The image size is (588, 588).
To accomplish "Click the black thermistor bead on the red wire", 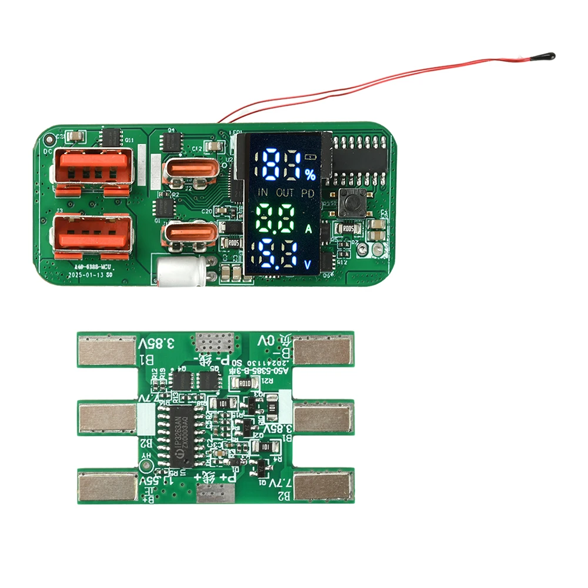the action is [x=548, y=57].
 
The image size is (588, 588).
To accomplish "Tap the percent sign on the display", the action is [x=310, y=174].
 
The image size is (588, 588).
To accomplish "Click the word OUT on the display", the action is [x=285, y=192].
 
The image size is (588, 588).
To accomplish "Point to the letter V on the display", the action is [x=309, y=264].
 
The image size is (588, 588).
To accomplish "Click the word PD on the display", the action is [x=308, y=192].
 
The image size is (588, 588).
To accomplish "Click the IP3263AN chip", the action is [x=176, y=436].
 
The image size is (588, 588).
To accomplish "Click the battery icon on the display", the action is [x=310, y=158].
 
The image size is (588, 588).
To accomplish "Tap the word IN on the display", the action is [x=262, y=192].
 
